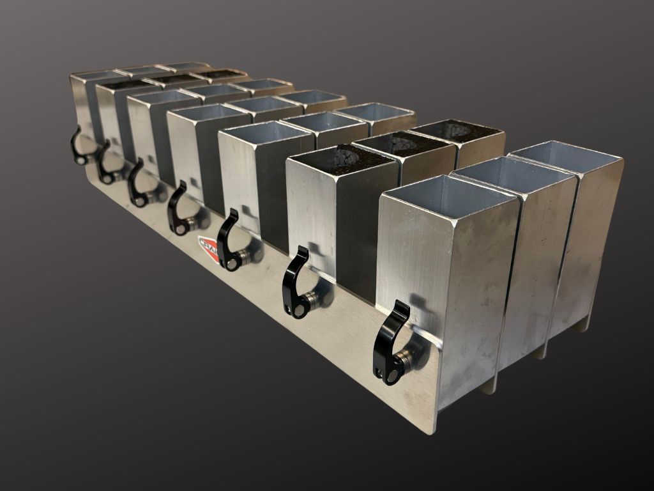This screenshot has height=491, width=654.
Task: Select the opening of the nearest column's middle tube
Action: click(x=514, y=172)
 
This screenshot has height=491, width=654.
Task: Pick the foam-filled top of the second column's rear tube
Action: click(x=456, y=130)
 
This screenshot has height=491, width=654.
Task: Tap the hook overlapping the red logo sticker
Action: click(x=227, y=240)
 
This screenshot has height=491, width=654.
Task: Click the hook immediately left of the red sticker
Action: click(x=177, y=208)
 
